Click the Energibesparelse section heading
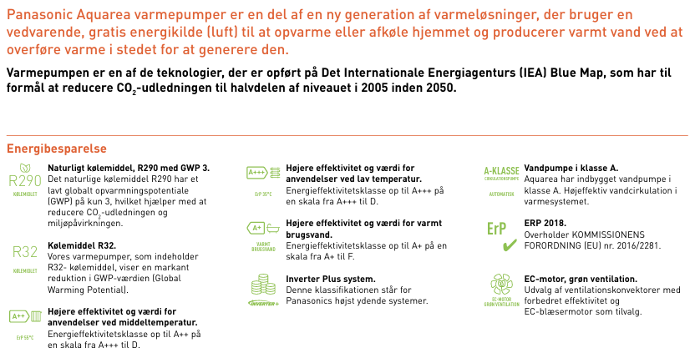[x=57, y=149]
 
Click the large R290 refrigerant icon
[x=24, y=181]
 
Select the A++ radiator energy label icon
[x=24, y=316]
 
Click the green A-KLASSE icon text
[x=501, y=171]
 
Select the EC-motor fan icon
[x=501, y=284]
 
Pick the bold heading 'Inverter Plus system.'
[x=330, y=279]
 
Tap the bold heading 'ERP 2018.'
[x=545, y=224]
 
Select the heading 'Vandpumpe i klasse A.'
[x=571, y=168]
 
